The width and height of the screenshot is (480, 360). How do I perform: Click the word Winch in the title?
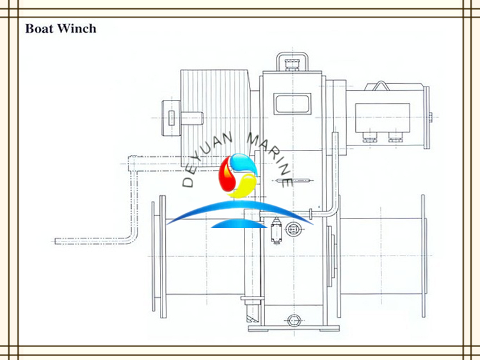click(x=77, y=28)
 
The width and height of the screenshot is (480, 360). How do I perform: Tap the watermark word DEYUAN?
click(x=207, y=160)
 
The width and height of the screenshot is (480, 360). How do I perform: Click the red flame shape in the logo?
click(x=226, y=176)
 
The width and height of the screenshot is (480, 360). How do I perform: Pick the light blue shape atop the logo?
click(x=243, y=163)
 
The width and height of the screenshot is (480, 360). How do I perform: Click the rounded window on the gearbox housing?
click(x=292, y=104)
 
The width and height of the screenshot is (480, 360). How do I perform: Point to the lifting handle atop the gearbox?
click(x=292, y=61)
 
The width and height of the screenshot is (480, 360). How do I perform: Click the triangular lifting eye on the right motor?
click(x=381, y=86)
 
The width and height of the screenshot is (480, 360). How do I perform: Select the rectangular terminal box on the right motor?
click(x=383, y=118)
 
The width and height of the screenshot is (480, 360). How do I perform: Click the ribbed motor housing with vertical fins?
click(x=215, y=119)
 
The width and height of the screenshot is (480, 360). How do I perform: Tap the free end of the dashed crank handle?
click(x=56, y=241)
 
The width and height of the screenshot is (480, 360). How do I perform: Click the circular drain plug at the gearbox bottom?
click(x=294, y=320)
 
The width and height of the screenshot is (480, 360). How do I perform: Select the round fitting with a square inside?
click(x=293, y=229)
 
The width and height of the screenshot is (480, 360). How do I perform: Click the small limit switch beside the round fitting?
click(x=276, y=231)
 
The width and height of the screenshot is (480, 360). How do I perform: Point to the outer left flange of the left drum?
click(x=154, y=256)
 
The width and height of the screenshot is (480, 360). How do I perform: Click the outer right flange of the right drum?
click(x=423, y=256)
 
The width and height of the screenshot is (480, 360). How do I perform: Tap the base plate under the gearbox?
click(x=294, y=329)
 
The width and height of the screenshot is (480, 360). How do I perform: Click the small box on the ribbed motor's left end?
click(x=171, y=119)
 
